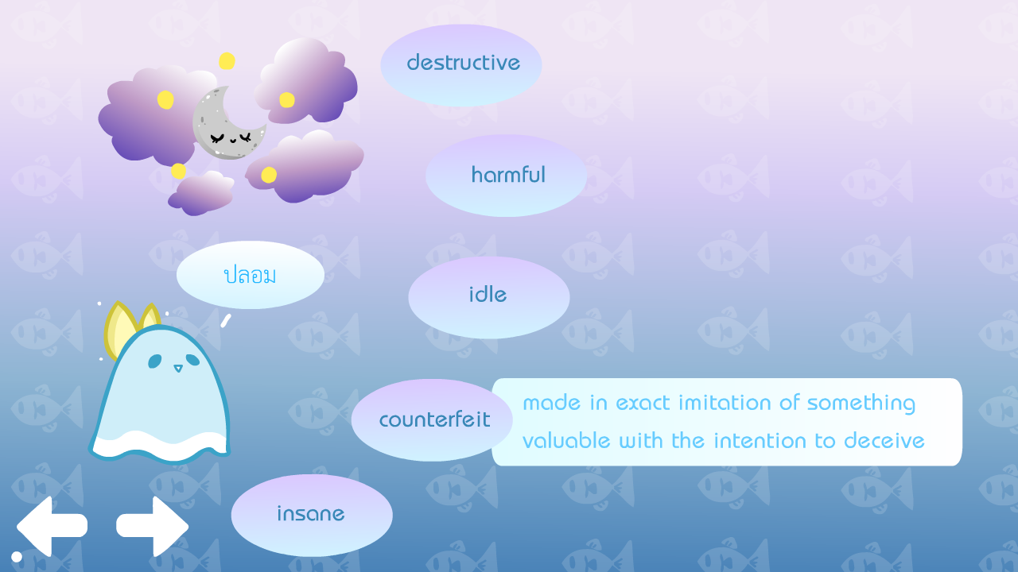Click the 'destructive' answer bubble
point(460,65)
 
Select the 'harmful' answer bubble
point(507,176)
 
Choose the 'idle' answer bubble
point(489,297)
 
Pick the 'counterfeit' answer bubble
point(432,420)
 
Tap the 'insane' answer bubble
point(312,516)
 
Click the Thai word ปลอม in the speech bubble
point(250,275)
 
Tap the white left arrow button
point(52,526)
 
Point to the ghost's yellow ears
point(130,329)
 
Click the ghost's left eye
point(154,361)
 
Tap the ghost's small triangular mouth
point(178,368)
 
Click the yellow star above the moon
point(227,61)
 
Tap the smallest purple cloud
point(201,193)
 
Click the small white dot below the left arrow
point(17,557)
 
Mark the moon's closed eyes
point(231,137)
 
